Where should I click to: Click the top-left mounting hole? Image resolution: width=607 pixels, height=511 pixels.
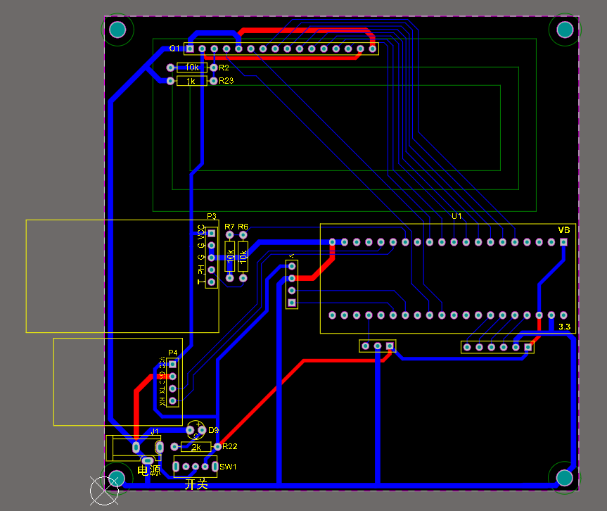117,30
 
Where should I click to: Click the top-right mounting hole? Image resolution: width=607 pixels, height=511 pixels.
565,29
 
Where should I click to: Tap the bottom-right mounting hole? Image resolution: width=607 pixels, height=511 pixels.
564,478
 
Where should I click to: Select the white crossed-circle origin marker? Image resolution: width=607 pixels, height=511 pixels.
105,490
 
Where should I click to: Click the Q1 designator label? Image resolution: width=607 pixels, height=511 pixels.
175,49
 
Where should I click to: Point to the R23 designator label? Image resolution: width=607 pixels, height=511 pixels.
226,82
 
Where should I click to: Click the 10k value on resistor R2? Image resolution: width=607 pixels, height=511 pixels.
192,68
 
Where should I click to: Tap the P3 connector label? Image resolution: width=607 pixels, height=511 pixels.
211,216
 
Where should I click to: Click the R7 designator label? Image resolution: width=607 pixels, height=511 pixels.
229,227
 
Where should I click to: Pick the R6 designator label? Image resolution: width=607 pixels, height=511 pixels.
243,227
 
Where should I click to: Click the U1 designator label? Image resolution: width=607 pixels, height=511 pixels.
456,216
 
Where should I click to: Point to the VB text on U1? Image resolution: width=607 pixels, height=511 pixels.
563,230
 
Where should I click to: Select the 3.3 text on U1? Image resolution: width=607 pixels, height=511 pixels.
564,327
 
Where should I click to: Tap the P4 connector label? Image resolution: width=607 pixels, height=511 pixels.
173,353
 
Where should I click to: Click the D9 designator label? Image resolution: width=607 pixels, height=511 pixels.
214,430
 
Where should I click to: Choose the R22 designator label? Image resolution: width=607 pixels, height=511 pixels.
230,447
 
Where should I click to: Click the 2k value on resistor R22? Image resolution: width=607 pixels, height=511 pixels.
196,447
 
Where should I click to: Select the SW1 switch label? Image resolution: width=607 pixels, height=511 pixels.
228,467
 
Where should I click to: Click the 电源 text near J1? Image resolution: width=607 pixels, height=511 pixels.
149,470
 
